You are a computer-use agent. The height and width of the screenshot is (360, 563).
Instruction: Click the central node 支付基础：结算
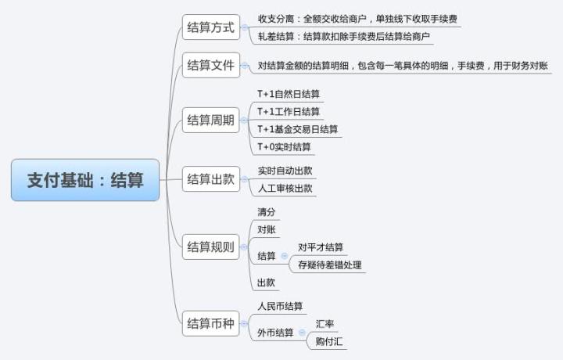pos(85,180)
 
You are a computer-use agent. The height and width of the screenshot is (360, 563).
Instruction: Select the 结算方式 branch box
pos(210,27)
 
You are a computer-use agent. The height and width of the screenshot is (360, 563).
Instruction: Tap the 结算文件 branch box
pos(210,66)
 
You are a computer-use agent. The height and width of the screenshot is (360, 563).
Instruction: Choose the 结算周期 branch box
pos(210,121)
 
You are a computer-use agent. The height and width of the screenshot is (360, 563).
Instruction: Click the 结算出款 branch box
pos(210,179)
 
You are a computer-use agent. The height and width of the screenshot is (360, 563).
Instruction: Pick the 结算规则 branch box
pos(210,247)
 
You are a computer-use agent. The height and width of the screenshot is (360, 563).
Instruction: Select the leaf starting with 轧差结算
pos(345,37)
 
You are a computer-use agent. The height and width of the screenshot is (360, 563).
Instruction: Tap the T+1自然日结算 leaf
pos(289,94)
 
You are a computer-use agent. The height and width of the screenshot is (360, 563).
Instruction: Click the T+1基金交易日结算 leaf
pos(298,129)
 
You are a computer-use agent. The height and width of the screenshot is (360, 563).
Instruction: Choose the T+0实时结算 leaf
pos(284,147)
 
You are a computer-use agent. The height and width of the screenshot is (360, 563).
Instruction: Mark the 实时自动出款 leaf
pos(285,171)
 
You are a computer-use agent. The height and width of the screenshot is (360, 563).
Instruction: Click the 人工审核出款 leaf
pos(285,189)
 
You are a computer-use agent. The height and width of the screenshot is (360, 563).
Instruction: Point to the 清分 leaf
pos(267,212)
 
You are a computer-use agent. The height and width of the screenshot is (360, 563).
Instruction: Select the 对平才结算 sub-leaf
pos(321,248)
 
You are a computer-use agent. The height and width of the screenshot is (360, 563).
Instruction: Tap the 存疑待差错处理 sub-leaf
pos(330,265)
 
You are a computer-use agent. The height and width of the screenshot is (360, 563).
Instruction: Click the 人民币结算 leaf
pos(280,306)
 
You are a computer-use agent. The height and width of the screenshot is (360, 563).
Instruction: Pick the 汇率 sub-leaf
pos(325,324)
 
